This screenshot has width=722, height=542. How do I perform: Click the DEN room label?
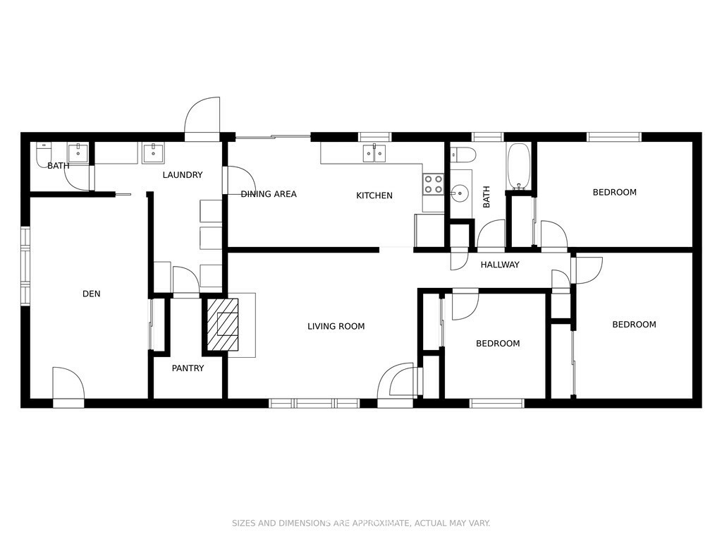91,294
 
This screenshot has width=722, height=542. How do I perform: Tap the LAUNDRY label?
183,175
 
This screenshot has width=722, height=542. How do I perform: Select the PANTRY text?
188,368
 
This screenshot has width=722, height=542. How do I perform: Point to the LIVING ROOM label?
336,326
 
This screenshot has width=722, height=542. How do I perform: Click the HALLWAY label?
500,265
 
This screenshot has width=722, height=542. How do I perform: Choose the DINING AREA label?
269,194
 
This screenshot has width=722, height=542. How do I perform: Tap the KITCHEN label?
374,195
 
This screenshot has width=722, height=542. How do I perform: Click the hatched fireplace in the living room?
222,325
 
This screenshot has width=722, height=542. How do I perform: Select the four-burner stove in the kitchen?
434,184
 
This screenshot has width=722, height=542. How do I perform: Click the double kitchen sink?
374,153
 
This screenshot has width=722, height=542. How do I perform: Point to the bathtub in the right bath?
519,167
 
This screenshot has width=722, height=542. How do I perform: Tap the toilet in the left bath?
42,155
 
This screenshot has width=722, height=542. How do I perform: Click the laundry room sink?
153,153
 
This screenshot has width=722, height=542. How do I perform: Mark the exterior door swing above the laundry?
202,115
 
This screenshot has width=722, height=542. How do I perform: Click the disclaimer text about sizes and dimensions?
361,523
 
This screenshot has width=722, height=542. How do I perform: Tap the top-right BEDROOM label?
614,192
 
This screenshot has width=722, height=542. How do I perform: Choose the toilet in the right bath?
460,155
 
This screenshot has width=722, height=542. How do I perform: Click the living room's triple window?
314,403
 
